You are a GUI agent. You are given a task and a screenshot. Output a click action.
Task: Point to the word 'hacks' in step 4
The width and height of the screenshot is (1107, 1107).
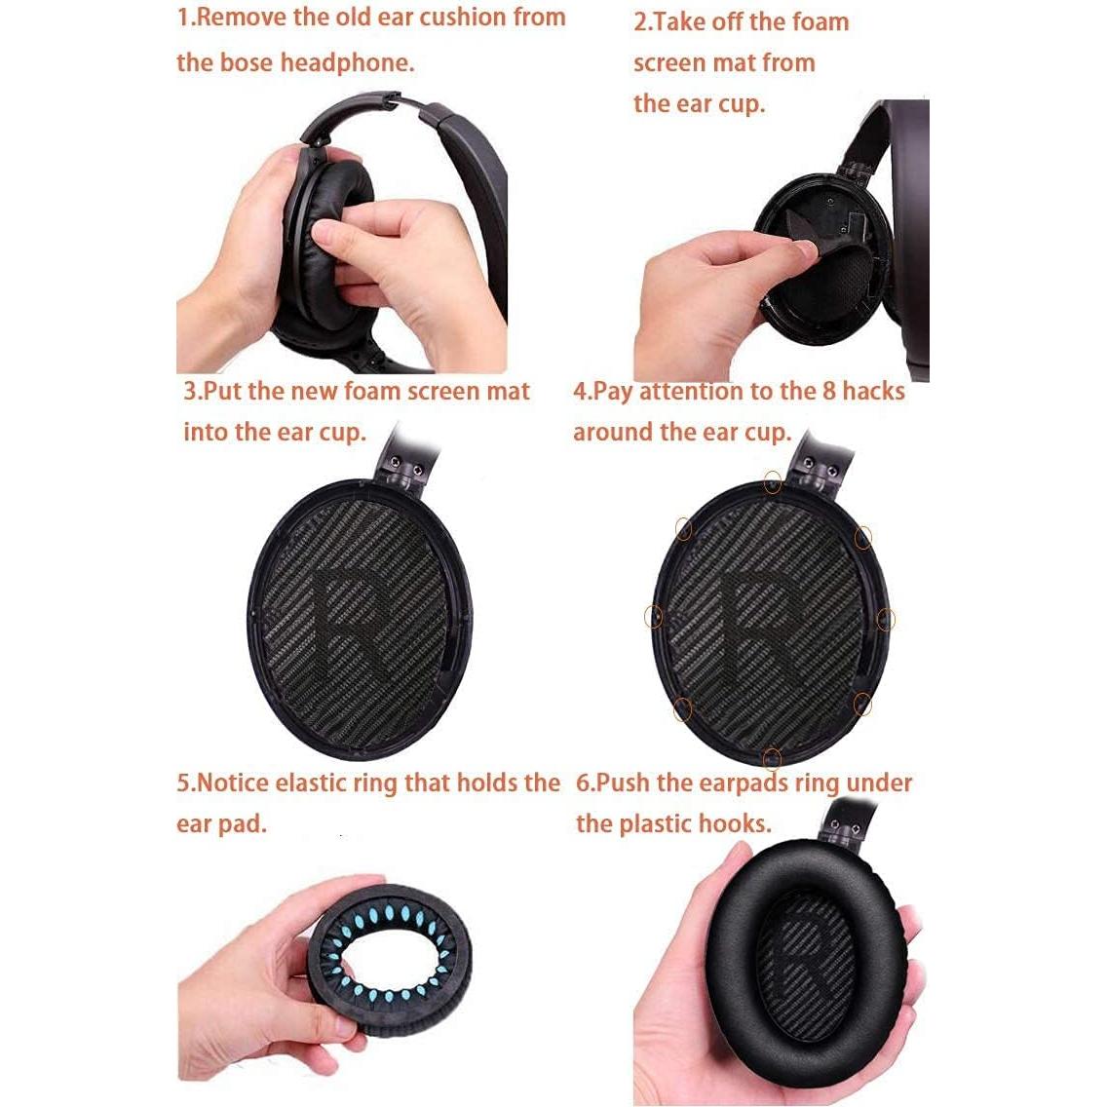pos(873,391)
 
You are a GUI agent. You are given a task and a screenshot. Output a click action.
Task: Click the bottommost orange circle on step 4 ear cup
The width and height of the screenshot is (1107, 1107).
pos(772,757)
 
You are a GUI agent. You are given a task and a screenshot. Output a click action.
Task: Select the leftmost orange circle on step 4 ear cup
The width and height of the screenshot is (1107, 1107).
pos(654,616)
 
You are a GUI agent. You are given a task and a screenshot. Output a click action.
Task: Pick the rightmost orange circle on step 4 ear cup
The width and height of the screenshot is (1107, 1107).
pos(886,619)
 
